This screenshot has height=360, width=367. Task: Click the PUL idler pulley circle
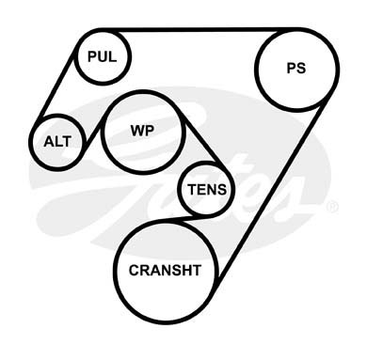[x=103, y=56]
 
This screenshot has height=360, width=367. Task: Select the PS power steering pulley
[x=296, y=69]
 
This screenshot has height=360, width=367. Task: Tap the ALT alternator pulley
[x=57, y=142]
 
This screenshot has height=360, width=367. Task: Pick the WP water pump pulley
[x=143, y=132]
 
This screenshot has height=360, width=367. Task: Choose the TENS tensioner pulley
[x=206, y=190]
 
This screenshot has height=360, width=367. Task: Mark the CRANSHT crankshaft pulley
[x=165, y=272]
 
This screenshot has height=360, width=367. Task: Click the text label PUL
[x=102, y=56]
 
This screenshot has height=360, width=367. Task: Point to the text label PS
[x=296, y=68]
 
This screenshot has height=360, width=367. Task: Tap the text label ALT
[x=57, y=142]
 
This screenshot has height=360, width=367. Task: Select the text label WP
[x=142, y=131]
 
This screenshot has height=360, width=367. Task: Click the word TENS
[x=207, y=190]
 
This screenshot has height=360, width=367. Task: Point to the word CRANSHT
[x=165, y=271]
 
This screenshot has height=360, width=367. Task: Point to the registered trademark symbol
[x=332, y=208]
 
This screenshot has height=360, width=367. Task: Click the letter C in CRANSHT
[x=134, y=271]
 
